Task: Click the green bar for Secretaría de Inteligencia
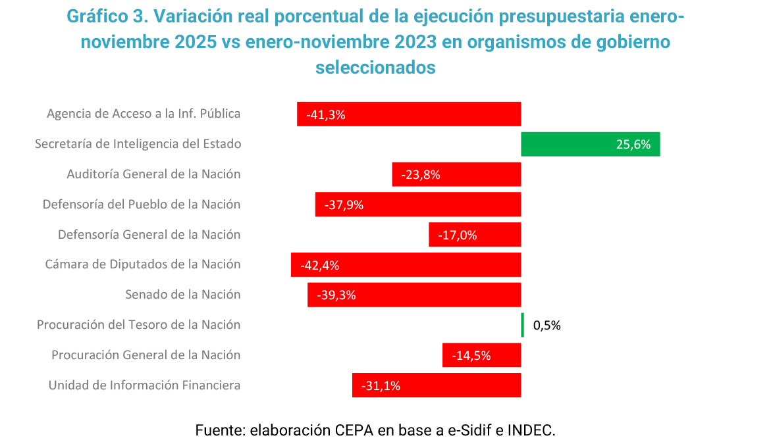[590, 144]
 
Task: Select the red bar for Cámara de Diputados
[406, 265]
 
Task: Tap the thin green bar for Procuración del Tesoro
[523, 325]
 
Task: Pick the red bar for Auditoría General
[456, 174]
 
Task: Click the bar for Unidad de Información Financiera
[437, 385]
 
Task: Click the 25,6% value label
[633, 145]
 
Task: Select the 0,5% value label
[546, 325]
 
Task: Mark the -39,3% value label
[336, 295]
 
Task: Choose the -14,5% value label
[471, 356]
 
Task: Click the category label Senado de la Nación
[183, 295]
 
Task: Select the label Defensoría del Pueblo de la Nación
[142, 205]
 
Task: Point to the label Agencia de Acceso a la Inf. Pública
[144, 114]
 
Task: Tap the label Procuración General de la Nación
[146, 355]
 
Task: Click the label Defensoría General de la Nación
[149, 235]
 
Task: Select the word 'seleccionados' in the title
[375, 67]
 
